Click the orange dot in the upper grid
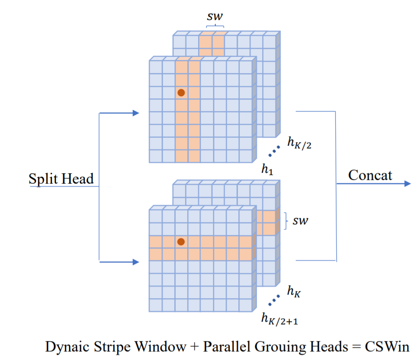pyautogui.click(x=181, y=92)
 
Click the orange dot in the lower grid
pyautogui.click(x=181, y=242)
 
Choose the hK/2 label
pyautogui.click(x=298, y=142)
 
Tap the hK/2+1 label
pyautogui.click(x=278, y=319)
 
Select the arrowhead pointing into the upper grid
pyautogui.click(x=135, y=113)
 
